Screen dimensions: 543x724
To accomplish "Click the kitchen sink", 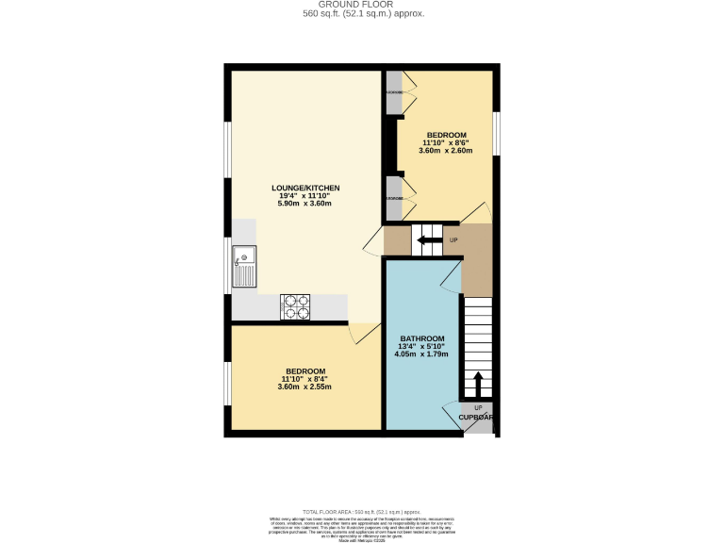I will (x=244, y=266).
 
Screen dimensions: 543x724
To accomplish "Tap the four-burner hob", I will (x=295, y=307).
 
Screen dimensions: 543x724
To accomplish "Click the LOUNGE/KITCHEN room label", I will (x=304, y=189).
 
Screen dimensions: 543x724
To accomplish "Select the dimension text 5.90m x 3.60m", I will (x=304, y=204).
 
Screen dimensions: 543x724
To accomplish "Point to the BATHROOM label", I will (x=421, y=338).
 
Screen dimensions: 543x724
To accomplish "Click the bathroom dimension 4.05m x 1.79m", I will (x=421, y=354).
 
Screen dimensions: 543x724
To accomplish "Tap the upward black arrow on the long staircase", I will (x=477, y=383).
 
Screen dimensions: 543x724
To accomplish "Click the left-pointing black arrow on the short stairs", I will (x=430, y=240).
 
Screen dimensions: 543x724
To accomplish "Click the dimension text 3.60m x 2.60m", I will (x=445, y=151).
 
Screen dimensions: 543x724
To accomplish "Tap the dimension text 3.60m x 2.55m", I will (x=304, y=387).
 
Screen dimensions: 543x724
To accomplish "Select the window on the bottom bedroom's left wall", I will (x=227, y=377).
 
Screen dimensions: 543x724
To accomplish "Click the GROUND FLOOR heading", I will (x=363, y=5).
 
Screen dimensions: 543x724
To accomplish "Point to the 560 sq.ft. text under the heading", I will (x=363, y=14).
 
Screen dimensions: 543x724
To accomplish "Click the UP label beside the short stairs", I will (x=453, y=240).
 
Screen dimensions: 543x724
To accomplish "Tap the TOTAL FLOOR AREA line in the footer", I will (x=363, y=510).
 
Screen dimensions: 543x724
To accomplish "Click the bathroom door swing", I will (x=452, y=276).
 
